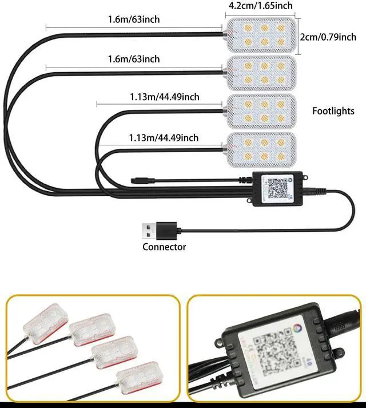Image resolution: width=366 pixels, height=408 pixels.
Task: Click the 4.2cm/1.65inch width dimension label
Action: click(x=260, y=6)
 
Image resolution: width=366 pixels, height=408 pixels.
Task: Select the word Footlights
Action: click(x=333, y=111)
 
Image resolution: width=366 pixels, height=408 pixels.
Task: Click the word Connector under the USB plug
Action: click(x=164, y=247)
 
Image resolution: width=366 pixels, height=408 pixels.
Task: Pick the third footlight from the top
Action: click(x=261, y=111)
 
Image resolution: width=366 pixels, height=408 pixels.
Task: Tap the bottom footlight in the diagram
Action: click(x=261, y=149)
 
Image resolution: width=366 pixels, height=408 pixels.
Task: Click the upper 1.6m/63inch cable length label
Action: click(x=134, y=19)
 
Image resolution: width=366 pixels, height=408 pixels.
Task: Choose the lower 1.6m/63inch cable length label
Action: click(x=134, y=60)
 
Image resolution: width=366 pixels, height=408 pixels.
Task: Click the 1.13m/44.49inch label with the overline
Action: click(x=164, y=97)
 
